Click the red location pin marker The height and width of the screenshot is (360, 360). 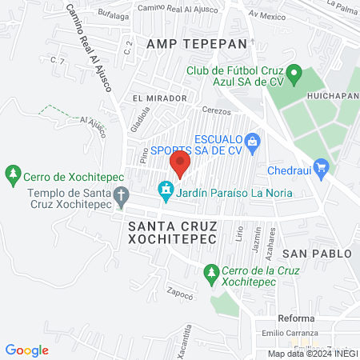(180, 164)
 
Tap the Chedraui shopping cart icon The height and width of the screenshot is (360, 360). (322, 166)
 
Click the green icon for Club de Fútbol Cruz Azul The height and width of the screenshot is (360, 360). (294, 77)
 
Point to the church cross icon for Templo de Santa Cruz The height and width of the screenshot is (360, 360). (121, 194)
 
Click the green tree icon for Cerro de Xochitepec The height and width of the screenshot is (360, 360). (13, 173)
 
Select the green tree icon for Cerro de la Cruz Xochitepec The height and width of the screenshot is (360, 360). (210, 273)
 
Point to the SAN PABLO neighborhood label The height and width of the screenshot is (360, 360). (316, 254)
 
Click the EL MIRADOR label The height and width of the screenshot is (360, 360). (160, 98)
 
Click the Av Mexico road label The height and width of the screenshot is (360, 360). (266, 14)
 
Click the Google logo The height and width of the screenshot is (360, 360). (27, 350)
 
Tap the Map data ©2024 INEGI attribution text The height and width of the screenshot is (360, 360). (312, 354)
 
